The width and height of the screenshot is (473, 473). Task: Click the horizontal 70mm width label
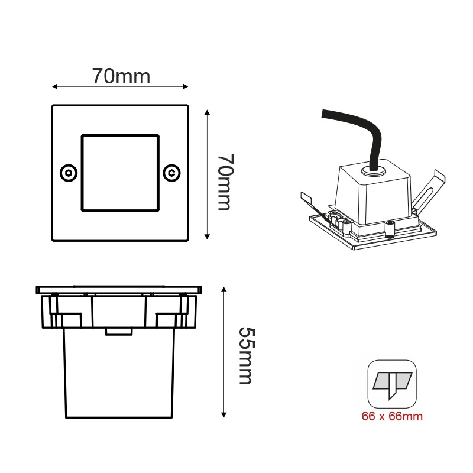pyautogui.click(x=121, y=76)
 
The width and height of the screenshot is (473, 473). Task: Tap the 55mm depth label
pyautogui.click(x=244, y=355)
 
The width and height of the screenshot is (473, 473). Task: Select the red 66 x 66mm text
pyautogui.click(x=392, y=416)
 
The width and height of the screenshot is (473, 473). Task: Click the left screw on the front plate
pyautogui.click(x=69, y=173)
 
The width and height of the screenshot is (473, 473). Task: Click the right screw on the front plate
pyautogui.click(x=171, y=173)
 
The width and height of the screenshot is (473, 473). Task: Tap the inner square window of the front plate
pyautogui.click(x=120, y=172)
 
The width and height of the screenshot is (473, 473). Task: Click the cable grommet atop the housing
pyautogui.click(x=372, y=171)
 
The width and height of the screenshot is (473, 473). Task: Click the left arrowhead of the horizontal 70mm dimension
pyautogui.click(x=55, y=87)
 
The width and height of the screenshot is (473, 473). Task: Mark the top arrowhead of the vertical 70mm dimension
pyautogui.click(x=207, y=112)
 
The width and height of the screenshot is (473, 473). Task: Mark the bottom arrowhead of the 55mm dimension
pyautogui.click(x=224, y=414)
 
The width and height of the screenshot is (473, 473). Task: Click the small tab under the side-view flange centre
pyautogui.click(x=118, y=331)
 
